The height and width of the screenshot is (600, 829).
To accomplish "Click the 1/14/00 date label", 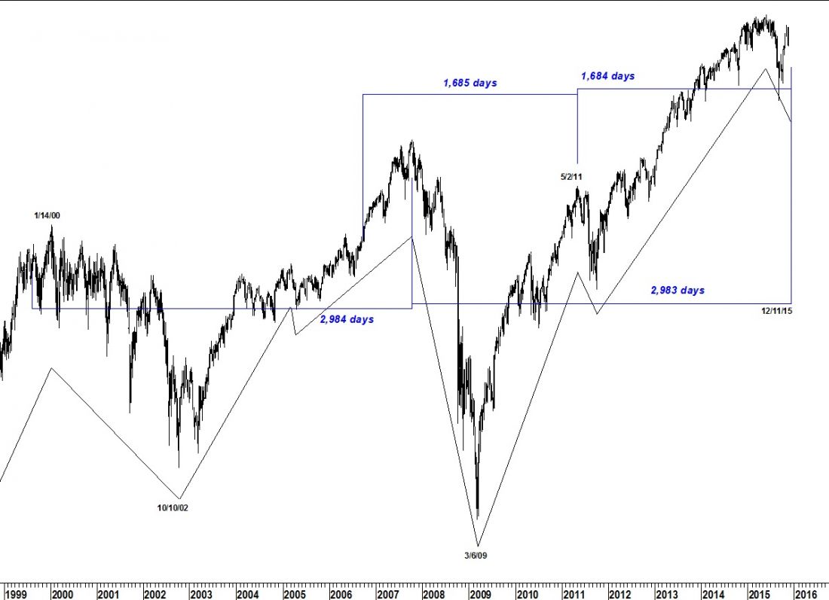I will tap(47, 216).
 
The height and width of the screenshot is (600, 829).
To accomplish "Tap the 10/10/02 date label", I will tap(173, 508).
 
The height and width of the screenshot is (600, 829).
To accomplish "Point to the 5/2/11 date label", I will tap(571, 177).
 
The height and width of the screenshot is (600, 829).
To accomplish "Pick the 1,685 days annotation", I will tap(470, 83).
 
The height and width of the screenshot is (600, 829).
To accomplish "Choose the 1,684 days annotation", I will tap(607, 76).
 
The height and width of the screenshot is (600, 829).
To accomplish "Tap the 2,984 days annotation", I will tap(347, 320).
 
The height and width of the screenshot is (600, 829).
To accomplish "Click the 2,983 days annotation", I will tap(678, 291).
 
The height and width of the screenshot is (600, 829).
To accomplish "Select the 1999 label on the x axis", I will tap(17, 594).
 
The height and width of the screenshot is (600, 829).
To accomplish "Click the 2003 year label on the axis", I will tap(201, 594).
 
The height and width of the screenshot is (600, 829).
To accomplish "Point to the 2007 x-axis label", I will tap(387, 594).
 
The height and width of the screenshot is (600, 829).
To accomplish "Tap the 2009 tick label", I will tap(480, 594).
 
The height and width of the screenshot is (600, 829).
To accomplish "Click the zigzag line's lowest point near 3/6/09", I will tap(477, 544).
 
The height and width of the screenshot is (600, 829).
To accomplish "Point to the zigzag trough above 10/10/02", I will tap(179, 498).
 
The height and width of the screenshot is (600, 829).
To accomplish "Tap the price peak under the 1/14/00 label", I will tap(51, 226).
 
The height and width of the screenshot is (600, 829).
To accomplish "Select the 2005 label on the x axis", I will tap(294, 594).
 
